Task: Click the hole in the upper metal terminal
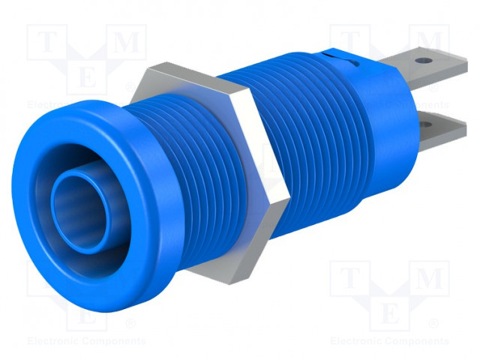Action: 425,57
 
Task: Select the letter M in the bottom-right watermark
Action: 428,279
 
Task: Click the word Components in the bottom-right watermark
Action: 416,341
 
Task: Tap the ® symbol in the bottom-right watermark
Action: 433,324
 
